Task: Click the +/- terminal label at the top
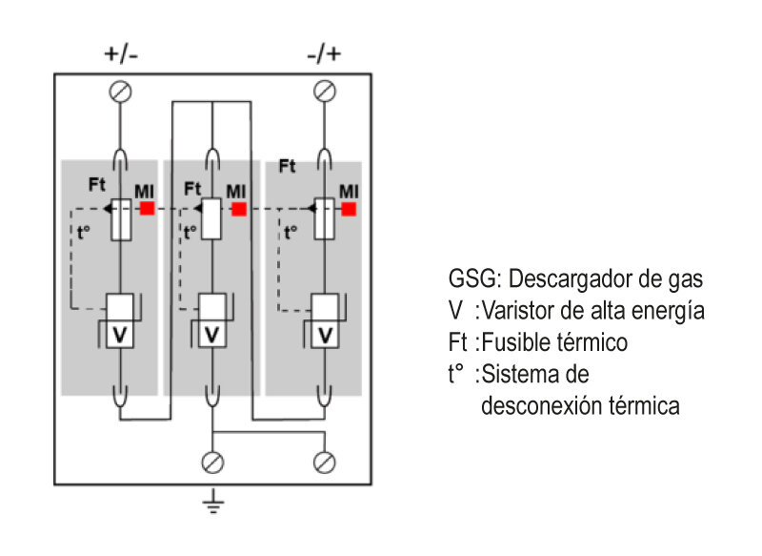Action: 121,54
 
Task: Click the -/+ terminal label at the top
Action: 325,54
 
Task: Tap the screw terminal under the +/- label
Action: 121,91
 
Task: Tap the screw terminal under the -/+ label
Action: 325,91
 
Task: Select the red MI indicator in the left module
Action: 148,208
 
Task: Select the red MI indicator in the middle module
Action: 238,208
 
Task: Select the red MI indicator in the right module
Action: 349,208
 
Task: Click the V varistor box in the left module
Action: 121,335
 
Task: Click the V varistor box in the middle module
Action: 212,335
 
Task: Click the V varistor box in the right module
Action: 325,335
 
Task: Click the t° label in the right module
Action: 291,231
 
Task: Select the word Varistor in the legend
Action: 518,311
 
